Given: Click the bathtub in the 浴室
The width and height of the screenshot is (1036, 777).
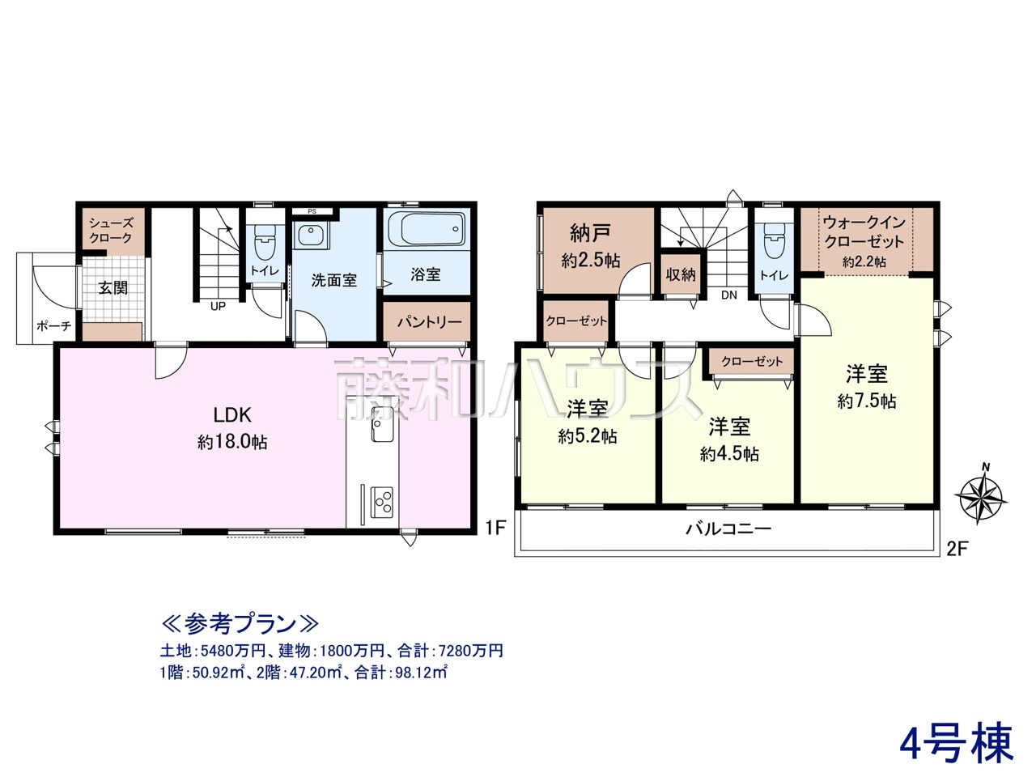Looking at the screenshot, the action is (427, 228).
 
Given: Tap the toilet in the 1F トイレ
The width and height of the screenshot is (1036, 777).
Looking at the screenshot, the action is (265, 240).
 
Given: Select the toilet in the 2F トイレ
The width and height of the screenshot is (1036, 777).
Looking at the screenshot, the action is (773, 240).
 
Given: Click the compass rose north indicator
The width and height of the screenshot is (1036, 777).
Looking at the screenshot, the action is (981, 496).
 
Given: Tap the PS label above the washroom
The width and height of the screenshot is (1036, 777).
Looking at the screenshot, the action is (312, 211).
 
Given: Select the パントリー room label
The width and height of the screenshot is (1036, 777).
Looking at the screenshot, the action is (429, 322).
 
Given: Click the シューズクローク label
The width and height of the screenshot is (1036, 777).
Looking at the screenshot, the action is (111, 230).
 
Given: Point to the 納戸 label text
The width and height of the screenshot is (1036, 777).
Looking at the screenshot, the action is (591, 232).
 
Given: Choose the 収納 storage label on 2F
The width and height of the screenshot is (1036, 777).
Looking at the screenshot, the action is (680, 274).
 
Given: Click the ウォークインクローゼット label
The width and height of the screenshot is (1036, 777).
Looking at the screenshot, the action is (864, 231).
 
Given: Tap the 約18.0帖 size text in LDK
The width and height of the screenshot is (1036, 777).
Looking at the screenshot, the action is (232, 442).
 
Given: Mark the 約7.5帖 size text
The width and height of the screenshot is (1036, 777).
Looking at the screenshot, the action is (867, 401).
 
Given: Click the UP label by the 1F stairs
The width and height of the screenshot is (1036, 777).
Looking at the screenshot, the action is (218, 307).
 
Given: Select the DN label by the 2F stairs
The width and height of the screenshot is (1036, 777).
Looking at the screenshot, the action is (729, 295).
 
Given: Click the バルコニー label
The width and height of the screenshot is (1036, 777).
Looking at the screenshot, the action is (728, 529).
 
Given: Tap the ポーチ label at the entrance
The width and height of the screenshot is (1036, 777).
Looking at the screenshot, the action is (53, 325).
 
